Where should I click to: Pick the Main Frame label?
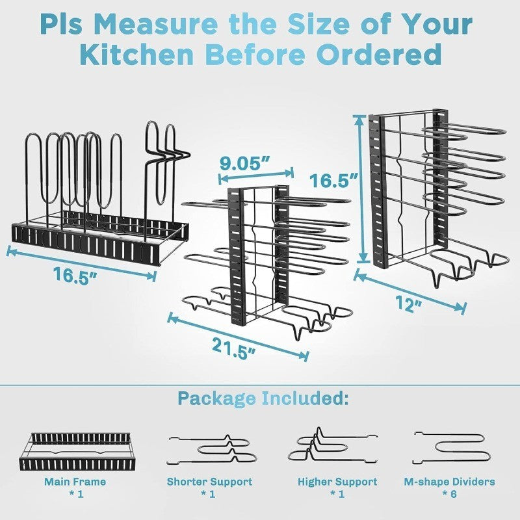pyautogui.click(x=75, y=482)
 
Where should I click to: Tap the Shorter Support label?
pyautogui.click(x=209, y=482)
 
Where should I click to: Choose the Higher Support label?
pyautogui.click(x=337, y=482)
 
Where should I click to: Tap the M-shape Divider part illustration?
pyautogui.click(x=454, y=446)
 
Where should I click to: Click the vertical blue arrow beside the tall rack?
pyautogui.click(x=358, y=188)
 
